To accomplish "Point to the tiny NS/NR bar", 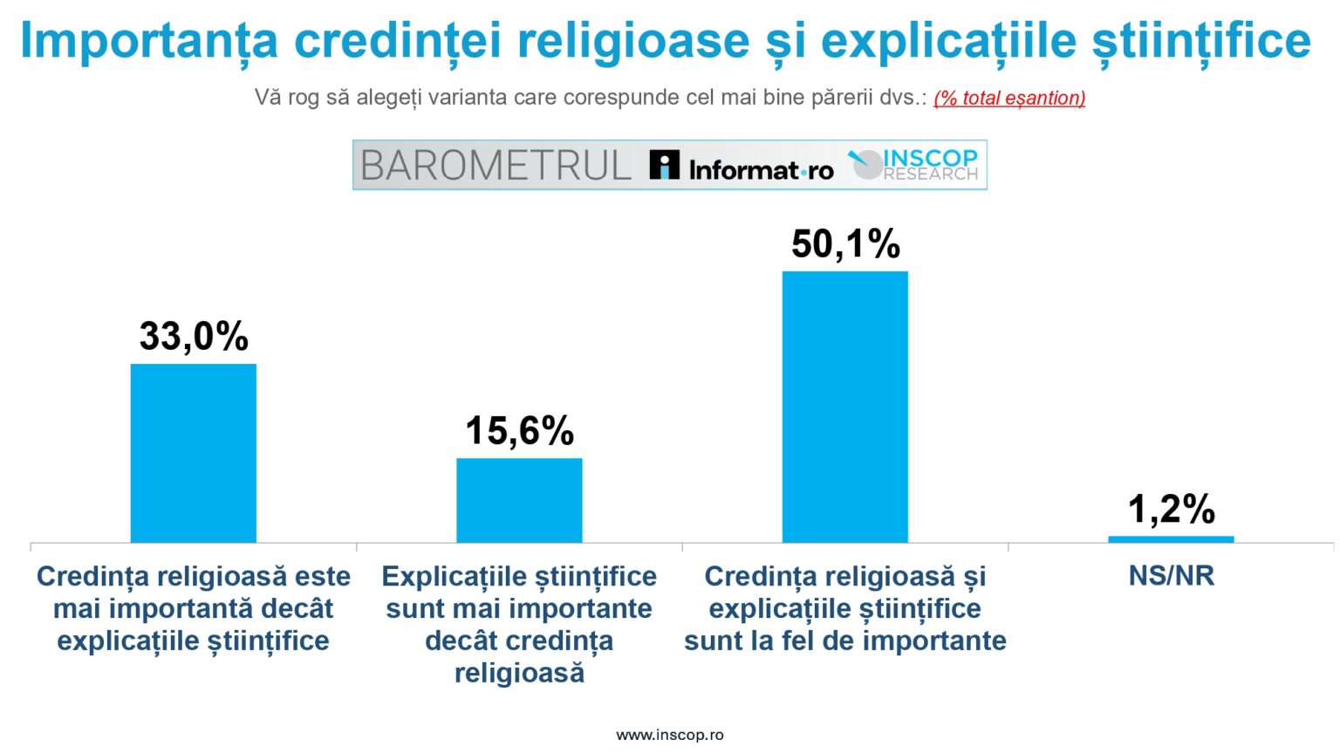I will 1171,539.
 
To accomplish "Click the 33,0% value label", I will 194,336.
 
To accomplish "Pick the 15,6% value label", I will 519,430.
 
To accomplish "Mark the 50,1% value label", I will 845,243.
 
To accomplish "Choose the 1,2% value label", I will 1171,509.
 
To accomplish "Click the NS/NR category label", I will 1171,576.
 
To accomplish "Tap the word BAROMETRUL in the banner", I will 496,165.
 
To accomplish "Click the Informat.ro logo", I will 741,166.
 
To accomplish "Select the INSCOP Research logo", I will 914,164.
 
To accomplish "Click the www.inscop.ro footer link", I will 669,735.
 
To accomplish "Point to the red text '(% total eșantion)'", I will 1009,98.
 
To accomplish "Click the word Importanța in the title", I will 148,40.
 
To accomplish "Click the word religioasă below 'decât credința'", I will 519,673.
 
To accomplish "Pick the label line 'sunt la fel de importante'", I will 844,641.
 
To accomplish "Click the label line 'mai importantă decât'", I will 194,608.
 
